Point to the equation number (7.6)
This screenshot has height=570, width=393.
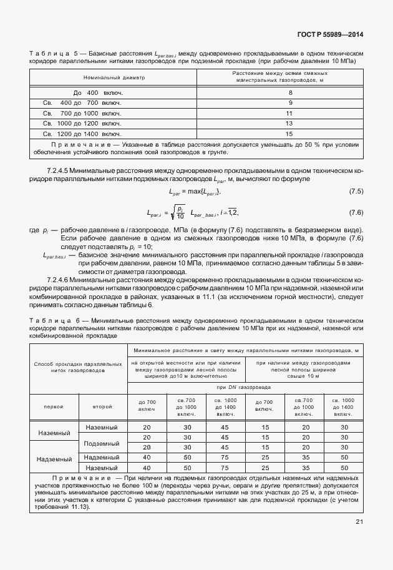point(355,213)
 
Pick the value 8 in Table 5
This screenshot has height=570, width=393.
point(289,92)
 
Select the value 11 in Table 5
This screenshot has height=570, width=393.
point(289,113)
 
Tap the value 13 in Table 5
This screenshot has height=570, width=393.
point(289,124)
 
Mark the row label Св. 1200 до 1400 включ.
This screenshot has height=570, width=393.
point(82,134)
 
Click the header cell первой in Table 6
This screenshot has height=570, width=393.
point(53,406)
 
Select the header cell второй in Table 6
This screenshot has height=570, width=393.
point(102,406)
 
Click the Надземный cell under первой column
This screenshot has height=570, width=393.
point(54,459)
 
